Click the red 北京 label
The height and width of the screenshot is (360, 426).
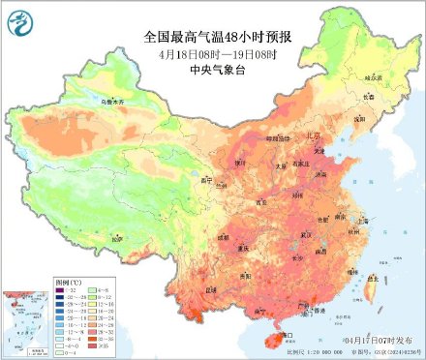tap(307, 136)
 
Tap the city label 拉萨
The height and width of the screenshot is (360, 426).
tap(117, 237)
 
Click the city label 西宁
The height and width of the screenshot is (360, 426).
tap(204, 181)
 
